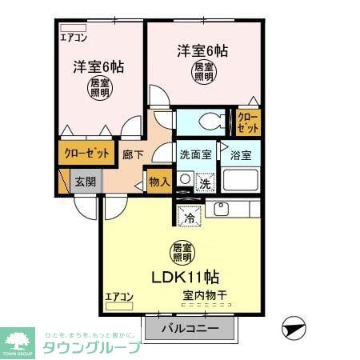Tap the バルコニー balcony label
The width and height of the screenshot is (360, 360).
pyautogui.click(x=190, y=328)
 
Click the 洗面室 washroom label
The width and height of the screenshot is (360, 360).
pyautogui.click(x=194, y=154)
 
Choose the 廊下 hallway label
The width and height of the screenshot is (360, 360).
pyautogui.click(x=133, y=155)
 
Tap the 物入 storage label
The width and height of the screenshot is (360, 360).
pyautogui.click(x=159, y=181)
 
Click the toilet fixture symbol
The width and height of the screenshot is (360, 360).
pyautogui.click(x=208, y=122)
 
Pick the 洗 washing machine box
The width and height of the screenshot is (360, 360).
pyautogui.click(x=205, y=183)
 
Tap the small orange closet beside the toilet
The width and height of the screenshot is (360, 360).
pyautogui.click(x=248, y=122)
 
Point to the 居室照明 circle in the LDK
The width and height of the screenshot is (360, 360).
pyautogui.click(x=182, y=253)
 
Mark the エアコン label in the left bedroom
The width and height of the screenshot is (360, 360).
pyautogui.click(x=74, y=37)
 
